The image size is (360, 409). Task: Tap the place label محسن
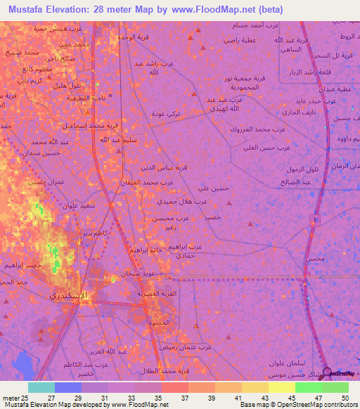[315, 259]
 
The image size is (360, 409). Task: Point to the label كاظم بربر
[96, 232]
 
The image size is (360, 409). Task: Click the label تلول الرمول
[304, 170]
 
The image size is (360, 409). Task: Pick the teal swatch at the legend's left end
[41, 387]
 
